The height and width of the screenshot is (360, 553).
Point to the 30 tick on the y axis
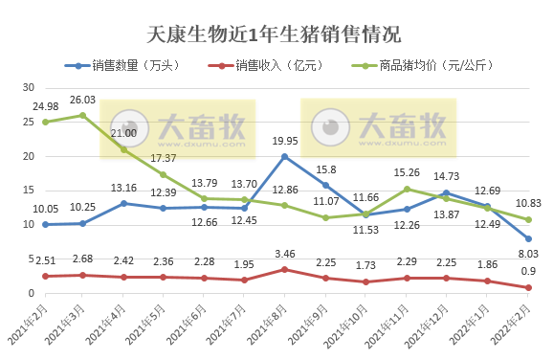(29, 87)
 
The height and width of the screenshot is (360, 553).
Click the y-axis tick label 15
(29, 191)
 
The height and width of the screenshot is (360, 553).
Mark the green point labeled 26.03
(82, 115)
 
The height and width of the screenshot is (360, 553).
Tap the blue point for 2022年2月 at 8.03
(529, 238)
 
